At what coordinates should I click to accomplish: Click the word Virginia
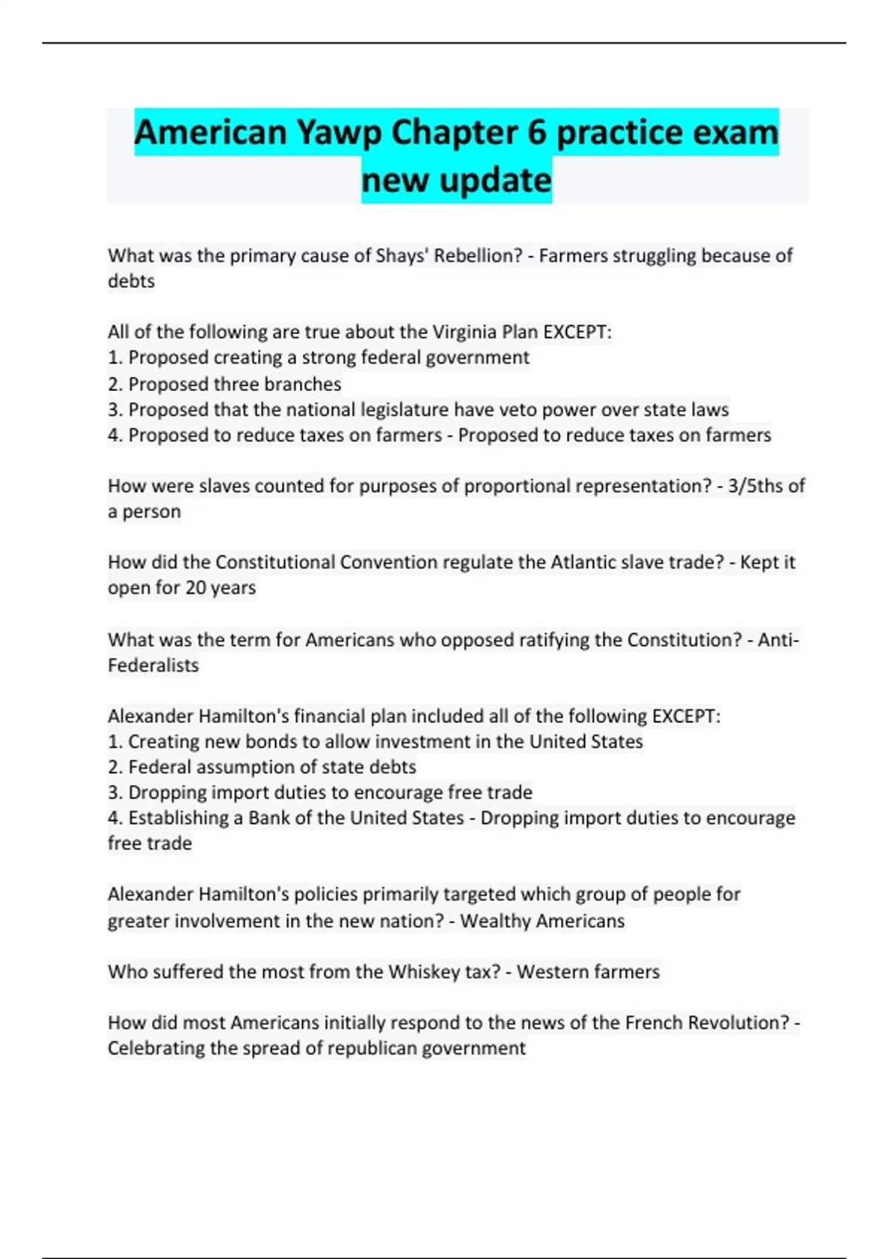(x=470, y=332)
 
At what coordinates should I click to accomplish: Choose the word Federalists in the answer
(x=153, y=665)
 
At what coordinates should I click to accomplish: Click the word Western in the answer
(x=552, y=972)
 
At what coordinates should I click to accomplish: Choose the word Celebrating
(x=156, y=1048)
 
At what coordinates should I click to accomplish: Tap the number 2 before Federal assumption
(x=114, y=767)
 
